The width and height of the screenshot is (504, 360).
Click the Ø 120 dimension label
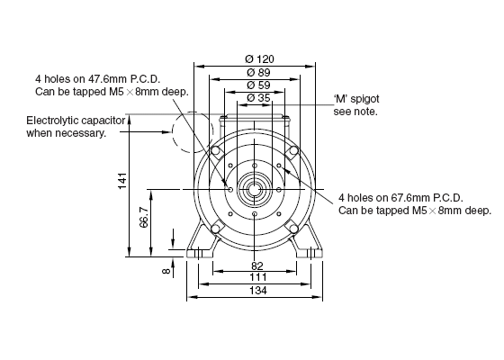259,59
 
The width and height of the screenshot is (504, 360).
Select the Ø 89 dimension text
259,72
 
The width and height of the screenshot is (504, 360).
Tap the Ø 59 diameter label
259,85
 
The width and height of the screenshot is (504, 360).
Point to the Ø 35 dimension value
259,98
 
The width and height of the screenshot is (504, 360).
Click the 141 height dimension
122,181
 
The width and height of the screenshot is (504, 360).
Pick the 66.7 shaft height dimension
144,217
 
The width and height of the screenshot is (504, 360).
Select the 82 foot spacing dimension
257,265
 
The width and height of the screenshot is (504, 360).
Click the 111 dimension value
258,277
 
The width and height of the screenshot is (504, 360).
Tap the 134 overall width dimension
258,291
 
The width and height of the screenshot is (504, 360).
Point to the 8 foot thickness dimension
166,271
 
